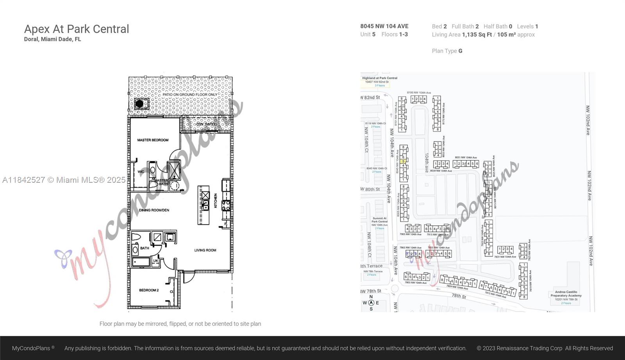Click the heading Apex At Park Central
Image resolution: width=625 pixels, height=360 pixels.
pos(77,29)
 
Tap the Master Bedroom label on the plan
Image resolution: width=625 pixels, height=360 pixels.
pos(153,140)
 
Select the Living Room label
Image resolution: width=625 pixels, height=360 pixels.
pos(205,250)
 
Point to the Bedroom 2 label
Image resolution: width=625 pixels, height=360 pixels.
pos(149,290)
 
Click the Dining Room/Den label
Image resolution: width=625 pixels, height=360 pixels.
pos(154,210)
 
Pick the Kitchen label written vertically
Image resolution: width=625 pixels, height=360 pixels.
pos(215,201)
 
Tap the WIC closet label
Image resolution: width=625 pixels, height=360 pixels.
pos(141,171)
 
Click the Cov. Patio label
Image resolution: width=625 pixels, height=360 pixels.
pos(205,124)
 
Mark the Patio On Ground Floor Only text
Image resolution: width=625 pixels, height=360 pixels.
pos(190,94)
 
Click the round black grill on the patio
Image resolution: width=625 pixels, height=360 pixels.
pos(139,104)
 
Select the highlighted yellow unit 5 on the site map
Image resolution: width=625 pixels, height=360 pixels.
pos(403,161)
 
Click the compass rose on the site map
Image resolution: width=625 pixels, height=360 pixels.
pos(371,303)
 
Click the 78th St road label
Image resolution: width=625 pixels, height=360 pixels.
pos(459,296)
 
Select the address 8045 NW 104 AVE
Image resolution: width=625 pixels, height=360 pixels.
pos(384,26)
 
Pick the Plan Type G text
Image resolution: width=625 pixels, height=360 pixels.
pos(447,51)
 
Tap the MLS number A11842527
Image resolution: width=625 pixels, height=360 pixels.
pos(23,180)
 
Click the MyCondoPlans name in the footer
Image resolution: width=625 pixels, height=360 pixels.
pos(31,348)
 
